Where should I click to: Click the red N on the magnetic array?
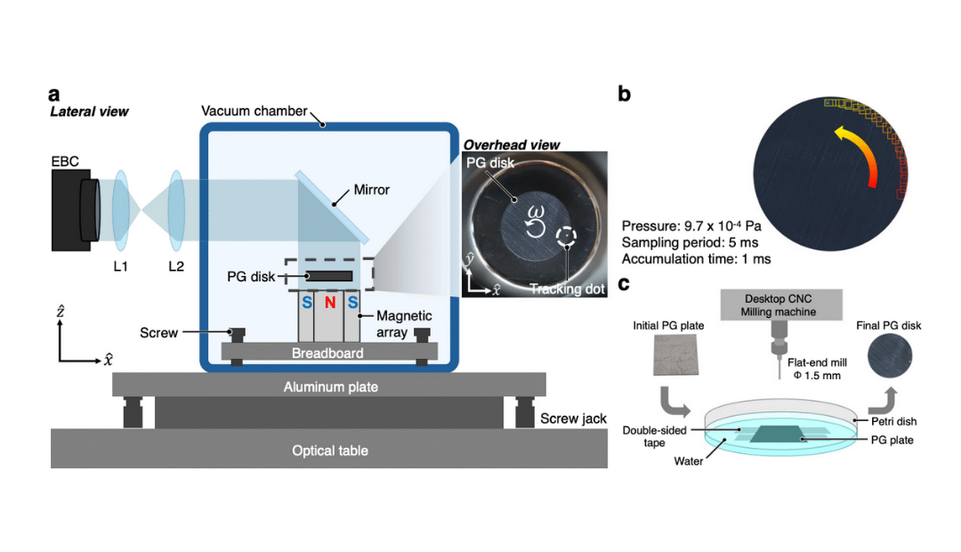pos(328,303)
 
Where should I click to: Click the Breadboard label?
pos(328,353)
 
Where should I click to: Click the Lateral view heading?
pos(89,111)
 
